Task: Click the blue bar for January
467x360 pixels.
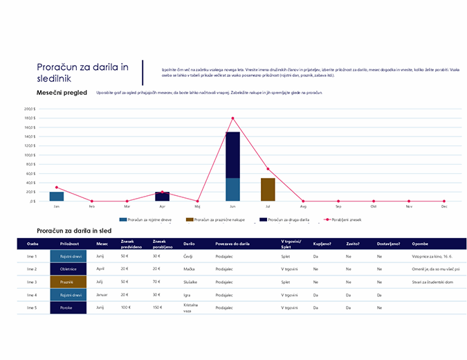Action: [x=57, y=197]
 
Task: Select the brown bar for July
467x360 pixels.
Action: [x=268, y=190]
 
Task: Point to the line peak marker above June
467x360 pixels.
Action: [x=232, y=118]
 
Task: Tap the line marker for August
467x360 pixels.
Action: [x=303, y=201]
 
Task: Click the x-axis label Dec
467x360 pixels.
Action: [x=443, y=206]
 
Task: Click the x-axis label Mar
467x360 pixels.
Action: [x=127, y=206]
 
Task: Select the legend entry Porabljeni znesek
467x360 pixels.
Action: [x=347, y=219]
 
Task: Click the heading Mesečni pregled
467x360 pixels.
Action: [x=62, y=92]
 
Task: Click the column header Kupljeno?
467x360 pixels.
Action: [x=322, y=244]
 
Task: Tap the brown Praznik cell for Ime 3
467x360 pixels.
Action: [x=68, y=282]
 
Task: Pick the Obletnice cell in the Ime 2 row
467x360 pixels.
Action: [x=68, y=269]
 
